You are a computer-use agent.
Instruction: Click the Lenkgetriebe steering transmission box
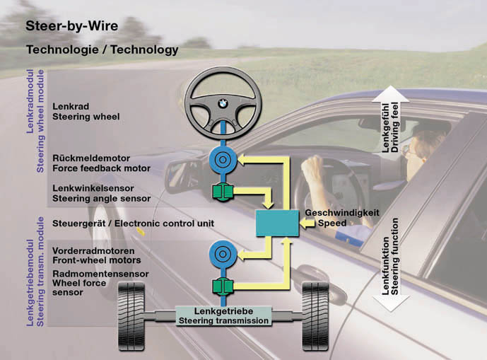coord(223,315)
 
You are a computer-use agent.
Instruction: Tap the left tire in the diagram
coord(132,315)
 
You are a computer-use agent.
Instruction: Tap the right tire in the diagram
coord(315,315)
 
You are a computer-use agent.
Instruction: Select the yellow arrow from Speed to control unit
coord(308,223)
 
